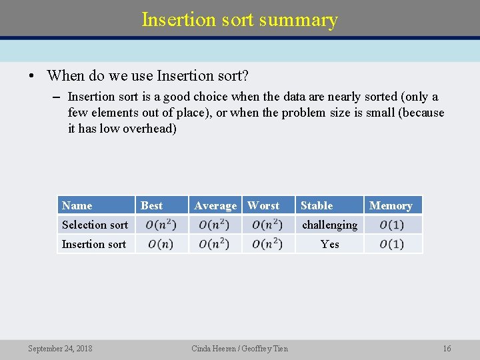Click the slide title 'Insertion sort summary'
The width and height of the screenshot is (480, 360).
(240, 20)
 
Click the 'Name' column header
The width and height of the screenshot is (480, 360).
(77, 205)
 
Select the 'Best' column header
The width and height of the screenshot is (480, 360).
(152, 205)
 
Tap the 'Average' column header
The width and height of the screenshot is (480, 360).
(215, 206)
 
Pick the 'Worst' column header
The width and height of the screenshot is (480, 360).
(263, 205)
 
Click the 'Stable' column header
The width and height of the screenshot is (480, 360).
(317, 205)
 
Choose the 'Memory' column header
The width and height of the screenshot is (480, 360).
(391, 206)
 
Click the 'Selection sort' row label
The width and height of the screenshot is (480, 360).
(95, 225)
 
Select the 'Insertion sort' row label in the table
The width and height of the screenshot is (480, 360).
(94, 244)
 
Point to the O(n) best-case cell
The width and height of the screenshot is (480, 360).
(161, 244)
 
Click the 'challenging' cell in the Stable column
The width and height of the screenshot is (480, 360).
(329, 225)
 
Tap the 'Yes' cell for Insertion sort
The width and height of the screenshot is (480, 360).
(329, 244)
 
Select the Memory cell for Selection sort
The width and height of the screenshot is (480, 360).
(392, 225)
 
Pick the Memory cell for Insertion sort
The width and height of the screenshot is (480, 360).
(392, 244)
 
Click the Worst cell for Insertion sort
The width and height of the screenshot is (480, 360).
(267, 244)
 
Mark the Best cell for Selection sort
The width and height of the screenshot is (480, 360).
(161, 225)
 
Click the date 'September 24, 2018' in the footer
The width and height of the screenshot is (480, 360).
(60, 349)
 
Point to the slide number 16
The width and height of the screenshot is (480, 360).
(447, 349)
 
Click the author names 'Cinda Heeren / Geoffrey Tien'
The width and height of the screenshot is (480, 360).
(240, 349)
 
